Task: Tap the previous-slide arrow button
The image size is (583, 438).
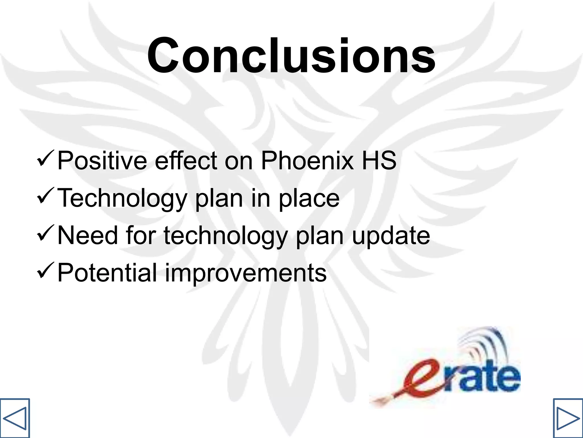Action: [15, 418]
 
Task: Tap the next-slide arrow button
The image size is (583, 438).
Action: [568, 418]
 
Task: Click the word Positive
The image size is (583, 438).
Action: [102, 160]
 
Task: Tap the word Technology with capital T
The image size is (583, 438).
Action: [122, 198]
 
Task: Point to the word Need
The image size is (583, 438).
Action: [87, 236]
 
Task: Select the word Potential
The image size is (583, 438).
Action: [107, 273]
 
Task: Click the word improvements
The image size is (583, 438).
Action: [246, 273]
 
